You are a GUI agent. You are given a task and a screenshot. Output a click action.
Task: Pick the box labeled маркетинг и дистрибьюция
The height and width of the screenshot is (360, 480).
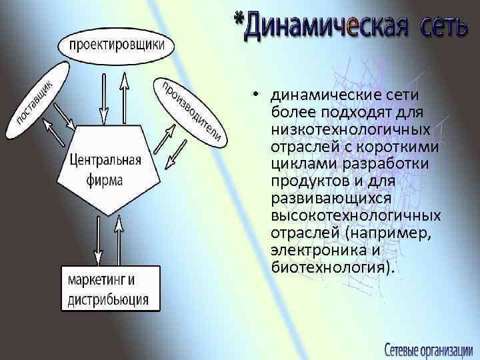[x=111, y=288]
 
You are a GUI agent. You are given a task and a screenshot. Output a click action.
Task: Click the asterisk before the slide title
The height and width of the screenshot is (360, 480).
[x=238, y=20]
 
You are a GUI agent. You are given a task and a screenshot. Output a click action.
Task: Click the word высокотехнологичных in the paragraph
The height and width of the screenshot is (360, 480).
[x=355, y=215]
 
